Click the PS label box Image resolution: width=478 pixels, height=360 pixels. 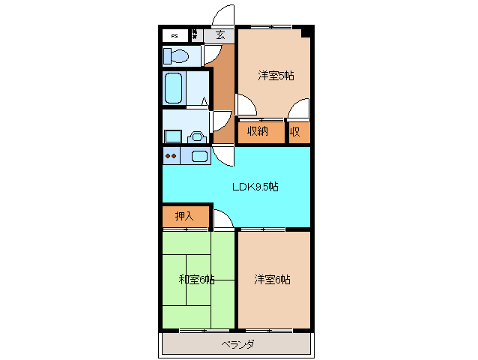pos(175,35)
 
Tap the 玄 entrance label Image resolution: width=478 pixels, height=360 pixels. pos(220,34)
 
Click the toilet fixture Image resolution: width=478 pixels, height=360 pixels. pos(177,55)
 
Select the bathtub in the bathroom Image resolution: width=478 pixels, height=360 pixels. pos(175,88)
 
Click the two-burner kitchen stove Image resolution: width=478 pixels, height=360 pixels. pos(171,156)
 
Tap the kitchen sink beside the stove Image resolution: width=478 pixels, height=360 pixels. pos(199,156)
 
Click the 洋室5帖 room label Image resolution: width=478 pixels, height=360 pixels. pos(275,75)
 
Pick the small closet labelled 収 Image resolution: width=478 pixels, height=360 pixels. pos(297,131)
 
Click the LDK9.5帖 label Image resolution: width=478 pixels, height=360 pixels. pos(254,187)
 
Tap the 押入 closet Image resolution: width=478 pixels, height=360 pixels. pos(184,216)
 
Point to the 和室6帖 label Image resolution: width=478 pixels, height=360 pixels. pos(196,280)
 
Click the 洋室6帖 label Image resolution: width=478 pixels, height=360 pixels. pos(272,280)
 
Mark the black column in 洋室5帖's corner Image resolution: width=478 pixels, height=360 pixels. pos(306,31)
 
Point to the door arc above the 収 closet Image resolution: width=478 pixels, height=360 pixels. pos(298,109)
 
